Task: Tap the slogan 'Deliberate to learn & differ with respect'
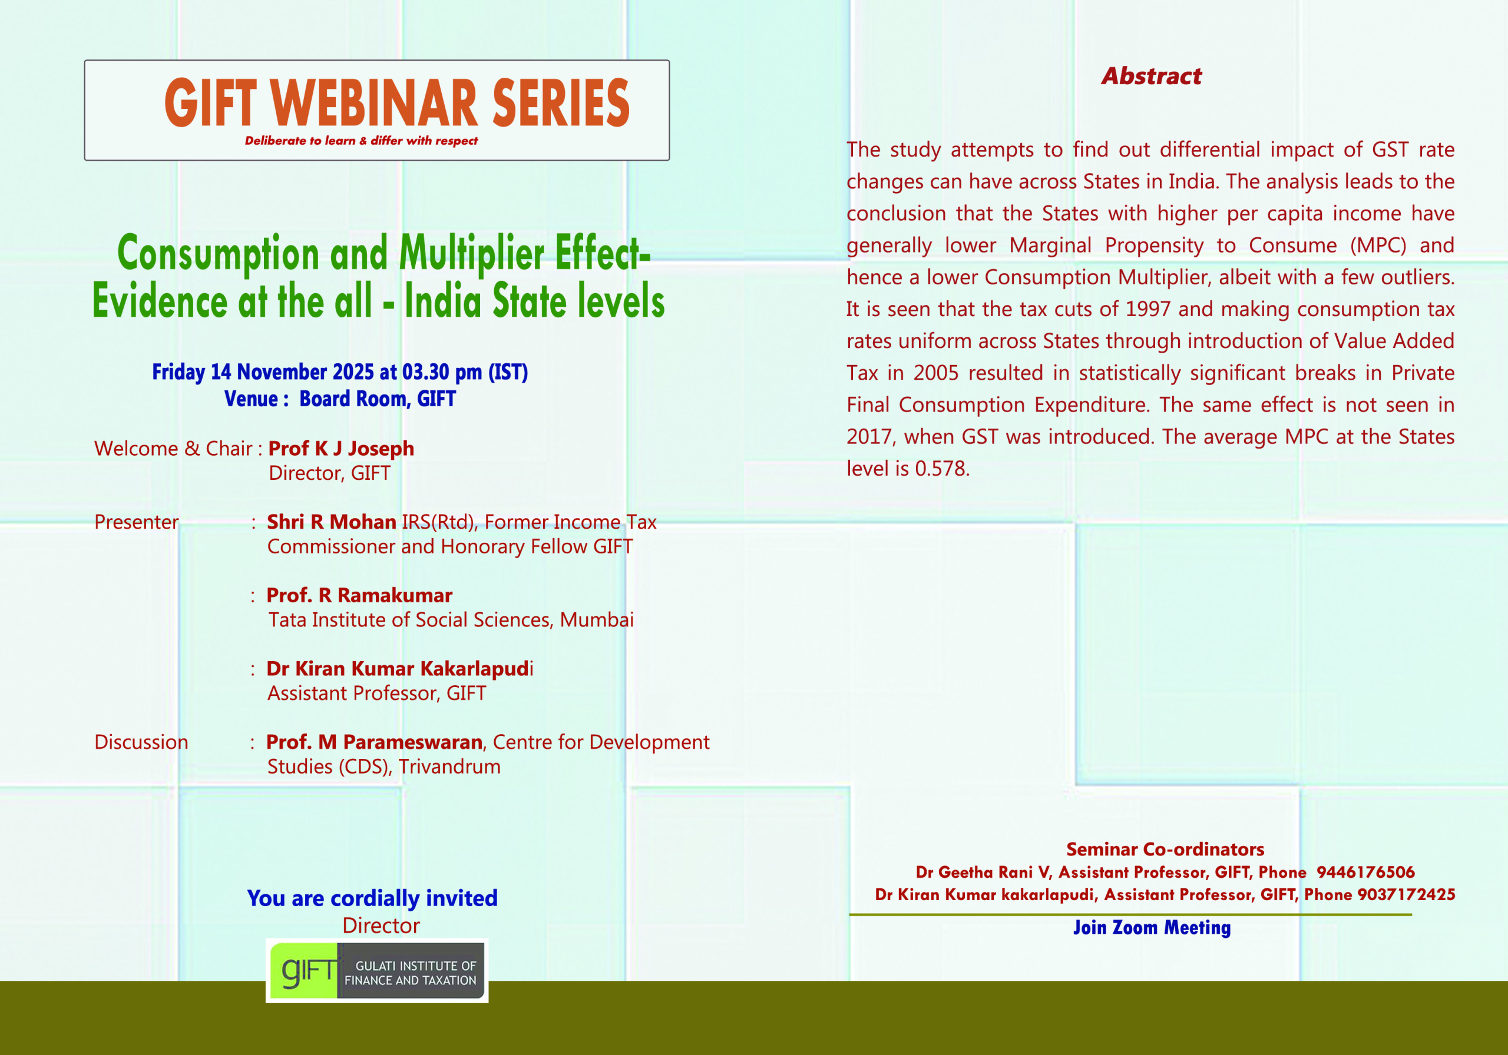coord(361,141)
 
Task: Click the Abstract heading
coord(1152,76)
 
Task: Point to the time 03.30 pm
coord(442,372)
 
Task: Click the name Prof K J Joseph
coord(342,449)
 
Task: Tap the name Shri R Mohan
coord(332,522)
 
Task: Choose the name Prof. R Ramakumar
coord(359,595)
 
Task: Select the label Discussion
coord(141,742)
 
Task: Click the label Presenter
coord(137,522)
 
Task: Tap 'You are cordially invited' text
coord(372,898)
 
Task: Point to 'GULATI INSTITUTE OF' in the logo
coord(416,966)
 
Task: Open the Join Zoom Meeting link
coord(1152,928)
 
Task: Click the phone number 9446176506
coord(1365,872)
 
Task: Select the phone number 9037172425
coord(1406,895)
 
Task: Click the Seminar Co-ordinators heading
coord(1165,850)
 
